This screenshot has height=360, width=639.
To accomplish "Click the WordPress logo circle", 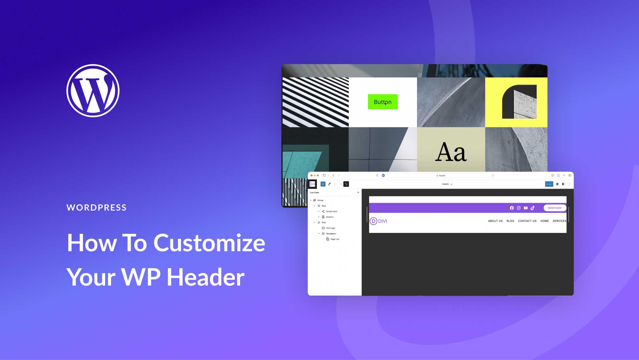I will [93, 91].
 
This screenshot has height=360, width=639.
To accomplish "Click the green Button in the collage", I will [383, 102].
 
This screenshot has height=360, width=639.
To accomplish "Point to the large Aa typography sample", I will [451, 152].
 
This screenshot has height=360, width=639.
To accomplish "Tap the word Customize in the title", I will [209, 243].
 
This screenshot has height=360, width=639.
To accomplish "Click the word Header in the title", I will [206, 277].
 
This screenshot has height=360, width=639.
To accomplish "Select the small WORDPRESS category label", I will [97, 208].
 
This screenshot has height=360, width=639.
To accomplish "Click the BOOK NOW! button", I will [555, 208].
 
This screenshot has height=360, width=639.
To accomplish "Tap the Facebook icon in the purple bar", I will [512, 208].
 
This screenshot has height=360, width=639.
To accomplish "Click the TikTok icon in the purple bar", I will [533, 208].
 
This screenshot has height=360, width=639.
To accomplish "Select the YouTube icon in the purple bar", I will [526, 208].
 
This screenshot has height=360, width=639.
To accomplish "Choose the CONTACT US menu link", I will [527, 221].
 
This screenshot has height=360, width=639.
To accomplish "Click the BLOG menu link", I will [510, 221].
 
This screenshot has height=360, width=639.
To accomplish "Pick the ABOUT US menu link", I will [495, 221].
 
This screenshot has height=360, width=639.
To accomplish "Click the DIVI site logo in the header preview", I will [378, 221].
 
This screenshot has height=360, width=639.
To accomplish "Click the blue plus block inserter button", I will [323, 184].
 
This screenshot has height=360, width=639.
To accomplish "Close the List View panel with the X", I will [358, 192].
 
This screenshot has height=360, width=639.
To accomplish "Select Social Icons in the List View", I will [331, 212].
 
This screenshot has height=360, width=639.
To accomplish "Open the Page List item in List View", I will [334, 239].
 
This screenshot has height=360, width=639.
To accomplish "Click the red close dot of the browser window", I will [312, 175].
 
